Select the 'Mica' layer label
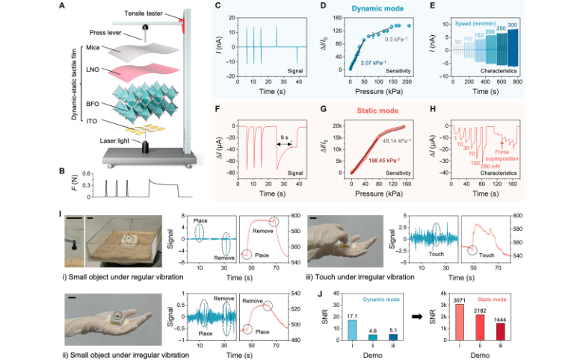tap(87, 47)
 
